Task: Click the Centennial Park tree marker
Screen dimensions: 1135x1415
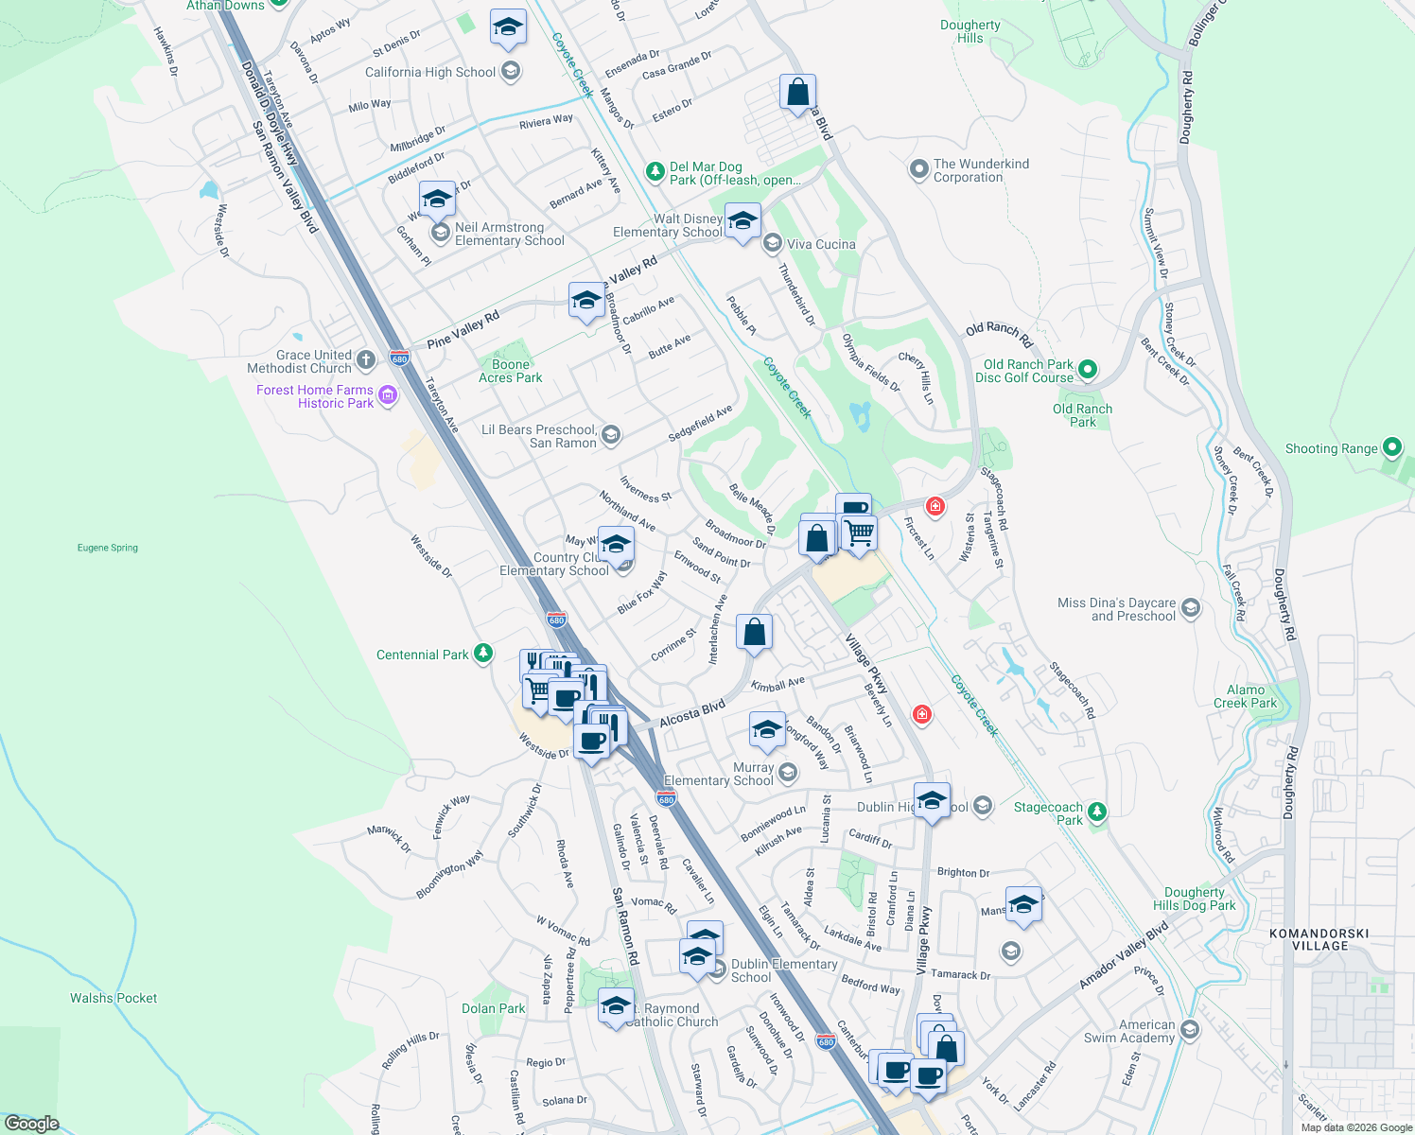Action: [x=483, y=654]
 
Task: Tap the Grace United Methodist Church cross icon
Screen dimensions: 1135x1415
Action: [x=366, y=360]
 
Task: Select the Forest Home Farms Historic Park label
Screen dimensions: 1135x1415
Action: [x=315, y=396]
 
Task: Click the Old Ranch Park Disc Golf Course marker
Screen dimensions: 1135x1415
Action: [x=1088, y=369]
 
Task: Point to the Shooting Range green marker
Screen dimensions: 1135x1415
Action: [x=1391, y=447]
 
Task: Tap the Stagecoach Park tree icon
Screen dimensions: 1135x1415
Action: [x=1096, y=812]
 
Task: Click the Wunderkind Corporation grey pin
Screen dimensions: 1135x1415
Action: [x=918, y=169]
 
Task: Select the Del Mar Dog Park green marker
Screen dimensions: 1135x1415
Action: [x=655, y=171]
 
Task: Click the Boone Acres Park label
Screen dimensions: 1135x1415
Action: [x=511, y=371]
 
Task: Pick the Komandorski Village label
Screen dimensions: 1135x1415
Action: [x=1319, y=939]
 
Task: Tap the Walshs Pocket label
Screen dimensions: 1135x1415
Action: [x=114, y=998]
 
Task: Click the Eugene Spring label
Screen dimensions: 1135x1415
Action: [x=108, y=548]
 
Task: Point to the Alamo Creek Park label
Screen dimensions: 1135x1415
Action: [x=1245, y=696]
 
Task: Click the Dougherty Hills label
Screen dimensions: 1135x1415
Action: [x=970, y=31]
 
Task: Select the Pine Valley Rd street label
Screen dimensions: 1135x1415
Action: [x=463, y=329]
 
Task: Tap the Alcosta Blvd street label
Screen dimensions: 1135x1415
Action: [x=692, y=713]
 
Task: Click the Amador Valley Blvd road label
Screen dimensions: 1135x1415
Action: [x=1125, y=957]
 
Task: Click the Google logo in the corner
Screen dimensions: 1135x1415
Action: [x=31, y=1123]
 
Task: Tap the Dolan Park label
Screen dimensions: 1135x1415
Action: [x=493, y=1008]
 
